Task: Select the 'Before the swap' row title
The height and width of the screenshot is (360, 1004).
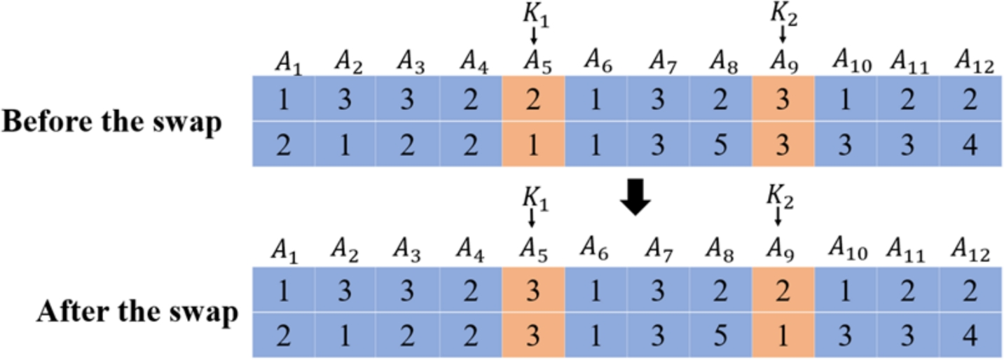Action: (111, 122)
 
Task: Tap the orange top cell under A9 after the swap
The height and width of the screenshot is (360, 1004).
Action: (783, 292)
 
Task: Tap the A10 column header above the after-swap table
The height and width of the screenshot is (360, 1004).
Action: (850, 249)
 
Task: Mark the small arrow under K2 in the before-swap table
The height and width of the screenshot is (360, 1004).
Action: (783, 33)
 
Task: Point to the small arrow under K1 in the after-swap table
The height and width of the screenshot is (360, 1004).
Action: (532, 219)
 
